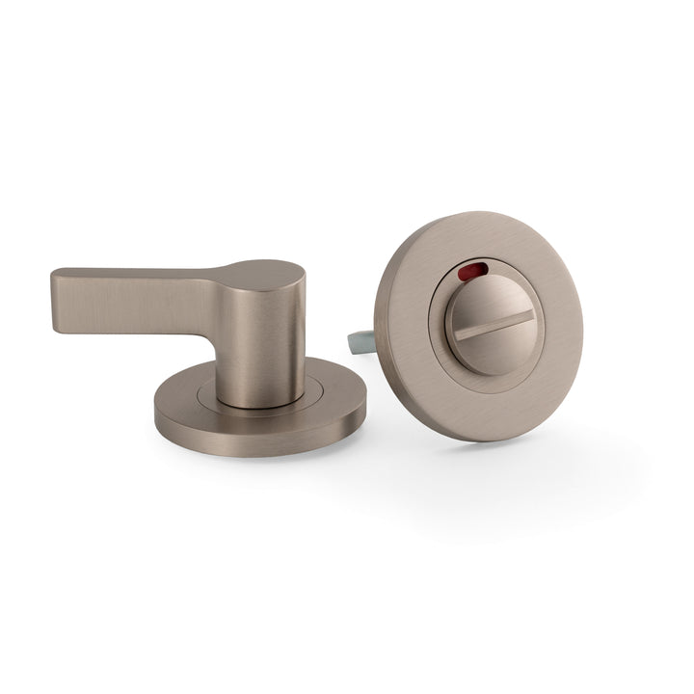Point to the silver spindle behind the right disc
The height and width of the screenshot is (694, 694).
[359, 340]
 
